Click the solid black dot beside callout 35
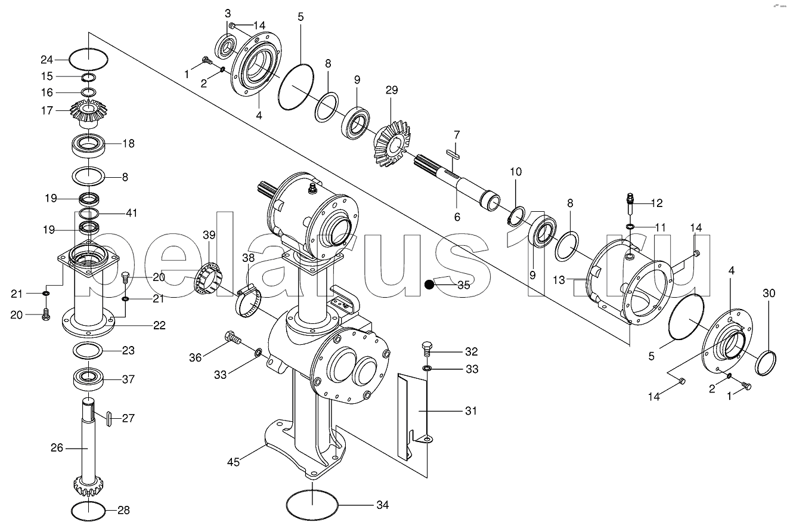click(x=429, y=285)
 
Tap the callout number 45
click(x=233, y=462)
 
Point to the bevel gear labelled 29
click(x=391, y=143)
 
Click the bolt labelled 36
click(x=233, y=338)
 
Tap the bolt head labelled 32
click(x=427, y=347)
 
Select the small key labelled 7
click(x=453, y=154)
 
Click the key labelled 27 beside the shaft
click(x=109, y=418)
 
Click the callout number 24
click(x=47, y=60)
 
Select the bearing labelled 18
click(x=88, y=144)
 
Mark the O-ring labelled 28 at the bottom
click(x=88, y=511)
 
